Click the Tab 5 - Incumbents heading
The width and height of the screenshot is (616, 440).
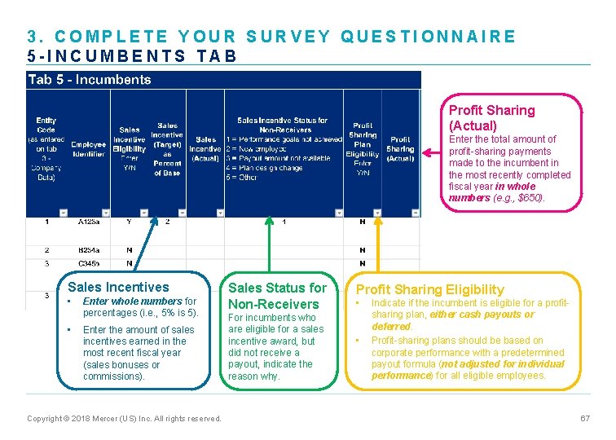(x=90, y=80)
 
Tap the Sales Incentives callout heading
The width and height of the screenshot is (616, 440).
(x=118, y=287)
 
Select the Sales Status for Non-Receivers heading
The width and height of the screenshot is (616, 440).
(x=277, y=296)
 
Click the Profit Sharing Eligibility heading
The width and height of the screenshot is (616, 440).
(x=430, y=289)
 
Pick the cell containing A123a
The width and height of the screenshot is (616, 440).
(x=89, y=222)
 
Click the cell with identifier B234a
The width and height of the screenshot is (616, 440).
(x=89, y=250)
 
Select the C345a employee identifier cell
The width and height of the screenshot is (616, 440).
(x=89, y=264)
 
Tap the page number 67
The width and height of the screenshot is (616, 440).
(x=584, y=418)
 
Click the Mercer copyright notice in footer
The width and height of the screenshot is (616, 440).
(x=124, y=419)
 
